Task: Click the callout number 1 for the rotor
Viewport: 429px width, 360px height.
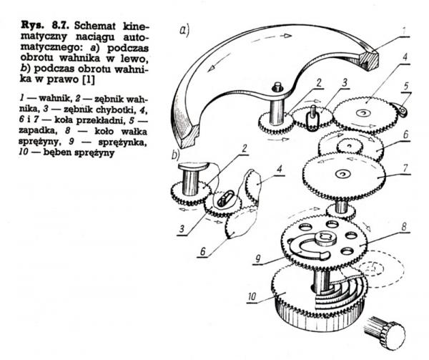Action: tap(404, 31)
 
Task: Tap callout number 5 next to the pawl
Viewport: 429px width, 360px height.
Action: tap(406, 86)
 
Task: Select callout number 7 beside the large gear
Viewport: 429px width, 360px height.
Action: tap(405, 168)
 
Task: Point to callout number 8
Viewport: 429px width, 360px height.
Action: tap(404, 227)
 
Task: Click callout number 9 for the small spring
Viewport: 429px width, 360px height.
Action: tap(257, 258)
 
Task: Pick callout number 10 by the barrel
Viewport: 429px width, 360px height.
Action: tap(252, 296)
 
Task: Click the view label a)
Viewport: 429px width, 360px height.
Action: tap(184, 30)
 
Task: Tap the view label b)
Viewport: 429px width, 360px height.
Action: tap(175, 155)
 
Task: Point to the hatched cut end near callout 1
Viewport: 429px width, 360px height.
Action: tap(370, 61)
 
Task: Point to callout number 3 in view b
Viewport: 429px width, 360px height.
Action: tap(182, 229)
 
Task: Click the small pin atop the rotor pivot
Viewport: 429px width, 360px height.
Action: tap(277, 87)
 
